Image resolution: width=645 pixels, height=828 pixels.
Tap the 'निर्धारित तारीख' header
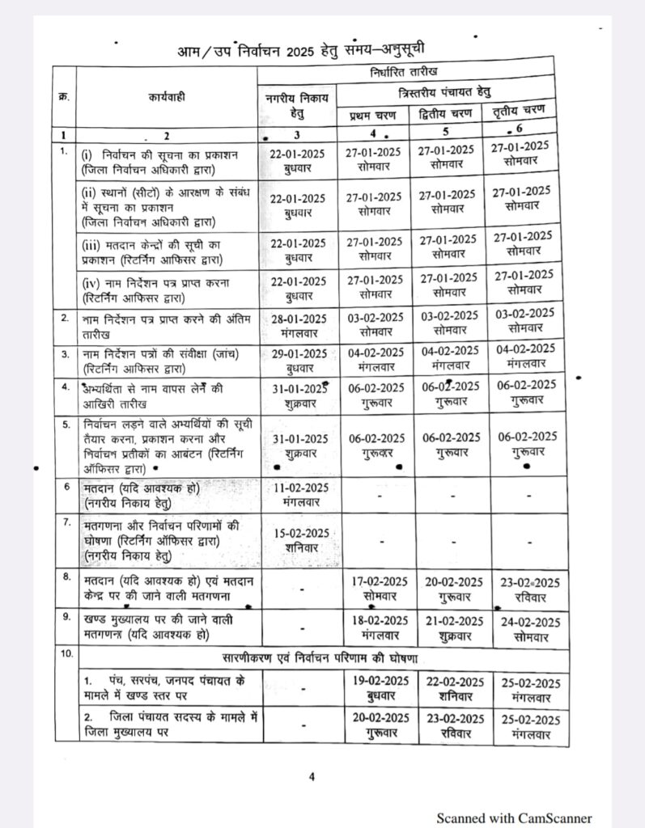(404, 70)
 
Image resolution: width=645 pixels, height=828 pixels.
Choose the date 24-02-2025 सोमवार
(530, 628)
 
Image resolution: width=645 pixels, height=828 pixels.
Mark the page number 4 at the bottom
(311, 777)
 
